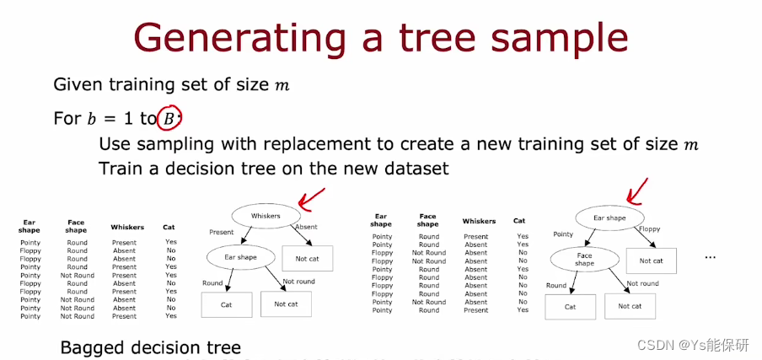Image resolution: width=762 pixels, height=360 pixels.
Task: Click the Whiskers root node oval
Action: pos(266,216)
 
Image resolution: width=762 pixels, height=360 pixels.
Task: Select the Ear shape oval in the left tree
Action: pos(242,257)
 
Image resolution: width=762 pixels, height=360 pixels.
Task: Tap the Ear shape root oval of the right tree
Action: pos(609,218)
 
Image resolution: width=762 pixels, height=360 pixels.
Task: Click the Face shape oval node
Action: pos(585,260)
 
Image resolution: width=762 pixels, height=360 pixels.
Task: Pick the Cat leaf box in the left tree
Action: pos(226,304)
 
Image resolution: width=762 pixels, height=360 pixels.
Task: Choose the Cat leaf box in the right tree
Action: pos(570,307)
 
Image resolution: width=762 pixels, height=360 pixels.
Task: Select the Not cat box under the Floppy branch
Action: pos(651,261)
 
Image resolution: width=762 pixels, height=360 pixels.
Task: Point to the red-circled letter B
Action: pos(169,119)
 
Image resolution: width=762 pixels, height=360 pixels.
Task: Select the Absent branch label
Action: pos(306,227)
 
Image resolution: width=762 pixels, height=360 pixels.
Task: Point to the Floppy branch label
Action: pos(649,228)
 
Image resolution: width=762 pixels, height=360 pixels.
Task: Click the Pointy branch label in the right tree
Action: pos(563,234)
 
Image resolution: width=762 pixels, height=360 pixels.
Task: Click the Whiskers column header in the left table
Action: pos(127,227)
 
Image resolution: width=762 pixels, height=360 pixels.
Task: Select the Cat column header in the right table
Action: pos(519,221)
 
